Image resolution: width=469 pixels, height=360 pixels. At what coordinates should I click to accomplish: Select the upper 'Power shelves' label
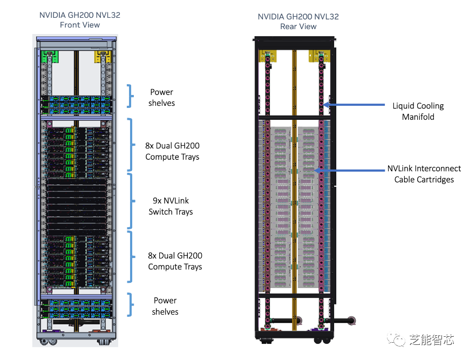[162, 97]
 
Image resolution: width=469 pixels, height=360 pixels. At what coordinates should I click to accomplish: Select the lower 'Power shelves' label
[165, 306]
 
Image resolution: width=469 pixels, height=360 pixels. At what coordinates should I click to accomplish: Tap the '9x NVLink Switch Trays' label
[171, 206]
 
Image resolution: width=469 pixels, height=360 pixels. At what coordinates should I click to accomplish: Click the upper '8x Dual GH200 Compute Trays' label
[172, 151]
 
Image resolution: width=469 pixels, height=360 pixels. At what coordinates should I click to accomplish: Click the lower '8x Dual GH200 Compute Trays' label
[175, 261]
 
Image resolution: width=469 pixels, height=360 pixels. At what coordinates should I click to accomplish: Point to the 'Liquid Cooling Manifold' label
[418, 111]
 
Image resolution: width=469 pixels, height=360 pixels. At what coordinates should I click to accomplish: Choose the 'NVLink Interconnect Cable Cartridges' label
[424, 174]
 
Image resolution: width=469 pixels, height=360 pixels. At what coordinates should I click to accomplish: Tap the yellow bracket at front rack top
[103, 55]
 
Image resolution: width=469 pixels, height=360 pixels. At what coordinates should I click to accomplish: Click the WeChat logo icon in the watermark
[399, 340]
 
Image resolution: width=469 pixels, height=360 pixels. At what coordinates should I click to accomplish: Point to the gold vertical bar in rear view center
[294, 178]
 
